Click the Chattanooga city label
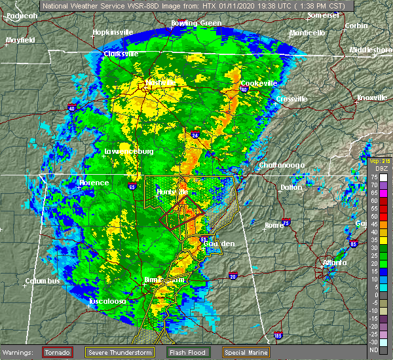point(282,165)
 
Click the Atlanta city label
point(335,263)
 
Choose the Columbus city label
point(43,281)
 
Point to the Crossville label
point(291,99)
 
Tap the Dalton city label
point(291,187)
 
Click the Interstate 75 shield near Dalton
point(286,222)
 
